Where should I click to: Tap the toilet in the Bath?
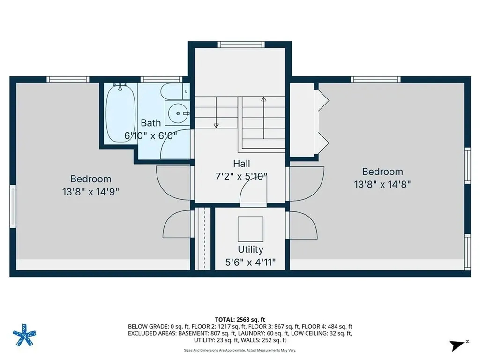tap(173, 91)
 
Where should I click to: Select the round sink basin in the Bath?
tap(177, 113)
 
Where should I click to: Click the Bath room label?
tap(151, 123)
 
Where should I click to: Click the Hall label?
tap(241, 164)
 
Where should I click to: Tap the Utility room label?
tap(250, 249)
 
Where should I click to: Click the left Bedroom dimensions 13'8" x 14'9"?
tap(91, 191)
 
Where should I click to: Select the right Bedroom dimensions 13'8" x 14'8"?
tap(382, 184)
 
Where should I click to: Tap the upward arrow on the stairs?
tap(263, 100)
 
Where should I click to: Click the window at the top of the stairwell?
tap(241, 45)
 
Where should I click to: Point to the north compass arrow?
tap(456, 345)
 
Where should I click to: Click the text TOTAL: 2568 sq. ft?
tap(240, 319)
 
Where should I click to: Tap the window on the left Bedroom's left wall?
tap(13, 206)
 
